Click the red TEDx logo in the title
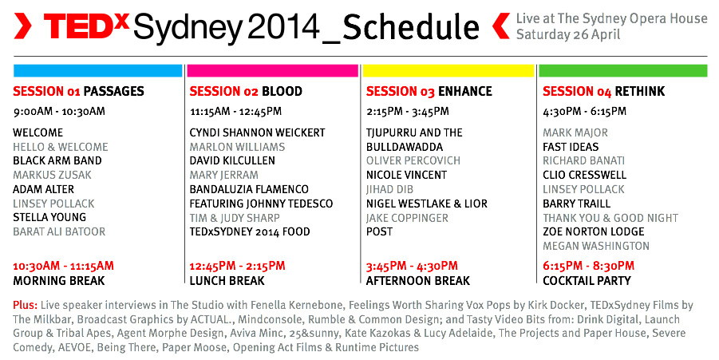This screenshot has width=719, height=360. (87, 26)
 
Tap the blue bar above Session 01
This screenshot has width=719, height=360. (97, 70)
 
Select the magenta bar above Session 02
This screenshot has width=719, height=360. (272, 70)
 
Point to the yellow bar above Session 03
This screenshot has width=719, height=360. (448, 70)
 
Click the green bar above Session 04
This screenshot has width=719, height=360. (623, 70)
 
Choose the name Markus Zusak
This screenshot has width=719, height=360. (53, 175)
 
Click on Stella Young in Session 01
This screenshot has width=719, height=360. (49, 217)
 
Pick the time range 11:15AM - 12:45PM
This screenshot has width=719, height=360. (235, 112)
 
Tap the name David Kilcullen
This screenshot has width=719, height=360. (232, 160)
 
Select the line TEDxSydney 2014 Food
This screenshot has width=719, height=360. (250, 231)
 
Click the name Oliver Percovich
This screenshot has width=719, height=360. (413, 160)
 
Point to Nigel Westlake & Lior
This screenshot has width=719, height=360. (427, 204)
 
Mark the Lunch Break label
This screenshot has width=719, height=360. (227, 281)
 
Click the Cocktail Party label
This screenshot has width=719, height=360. (587, 281)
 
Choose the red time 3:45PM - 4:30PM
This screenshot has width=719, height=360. (413, 266)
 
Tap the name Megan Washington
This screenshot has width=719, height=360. (596, 246)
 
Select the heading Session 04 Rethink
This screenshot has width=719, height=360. (604, 91)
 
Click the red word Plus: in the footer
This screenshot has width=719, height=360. (26, 306)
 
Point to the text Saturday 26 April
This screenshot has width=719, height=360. (568, 34)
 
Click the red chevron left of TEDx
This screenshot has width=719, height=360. (22, 26)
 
